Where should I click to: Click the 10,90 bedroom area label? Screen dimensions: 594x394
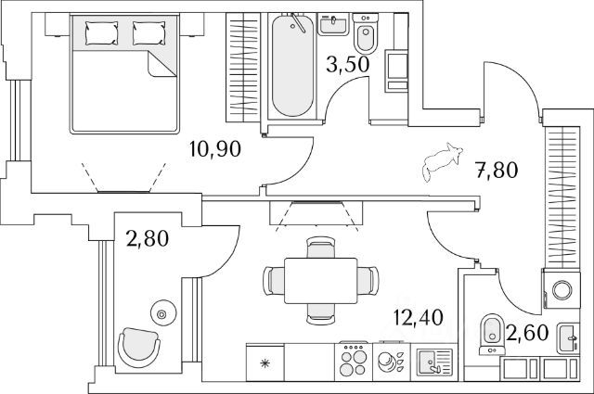(x=215, y=148)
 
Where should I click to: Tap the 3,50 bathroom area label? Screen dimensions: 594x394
(x=347, y=64)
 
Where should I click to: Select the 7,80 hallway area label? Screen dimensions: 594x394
(x=497, y=170)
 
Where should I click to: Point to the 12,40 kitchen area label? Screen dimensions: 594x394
(x=418, y=317)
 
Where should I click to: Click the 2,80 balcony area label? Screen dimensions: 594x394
(x=148, y=239)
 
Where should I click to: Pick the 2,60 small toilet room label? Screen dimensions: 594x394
(x=527, y=333)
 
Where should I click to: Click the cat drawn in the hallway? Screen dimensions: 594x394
(x=443, y=161)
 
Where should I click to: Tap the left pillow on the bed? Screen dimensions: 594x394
(x=101, y=33)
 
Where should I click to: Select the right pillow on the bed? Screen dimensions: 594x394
(x=149, y=33)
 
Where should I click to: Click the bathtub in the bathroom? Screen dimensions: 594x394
(x=293, y=65)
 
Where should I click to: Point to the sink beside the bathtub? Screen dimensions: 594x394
(x=333, y=24)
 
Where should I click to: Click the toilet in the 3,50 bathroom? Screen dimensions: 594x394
(x=366, y=33)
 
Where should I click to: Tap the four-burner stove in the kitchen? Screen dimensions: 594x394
(x=354, y=361)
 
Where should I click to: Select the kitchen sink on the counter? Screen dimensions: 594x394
(x=434, y=362)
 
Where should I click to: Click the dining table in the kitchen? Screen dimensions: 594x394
(x=321, y=281)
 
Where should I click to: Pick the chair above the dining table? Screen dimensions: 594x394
(x=321, y=247)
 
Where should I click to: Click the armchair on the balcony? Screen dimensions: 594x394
(x=138, y=347)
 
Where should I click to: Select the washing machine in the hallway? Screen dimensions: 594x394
(x=561, y=289)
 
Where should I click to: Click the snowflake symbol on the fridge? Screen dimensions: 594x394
(x=265, y=363)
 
